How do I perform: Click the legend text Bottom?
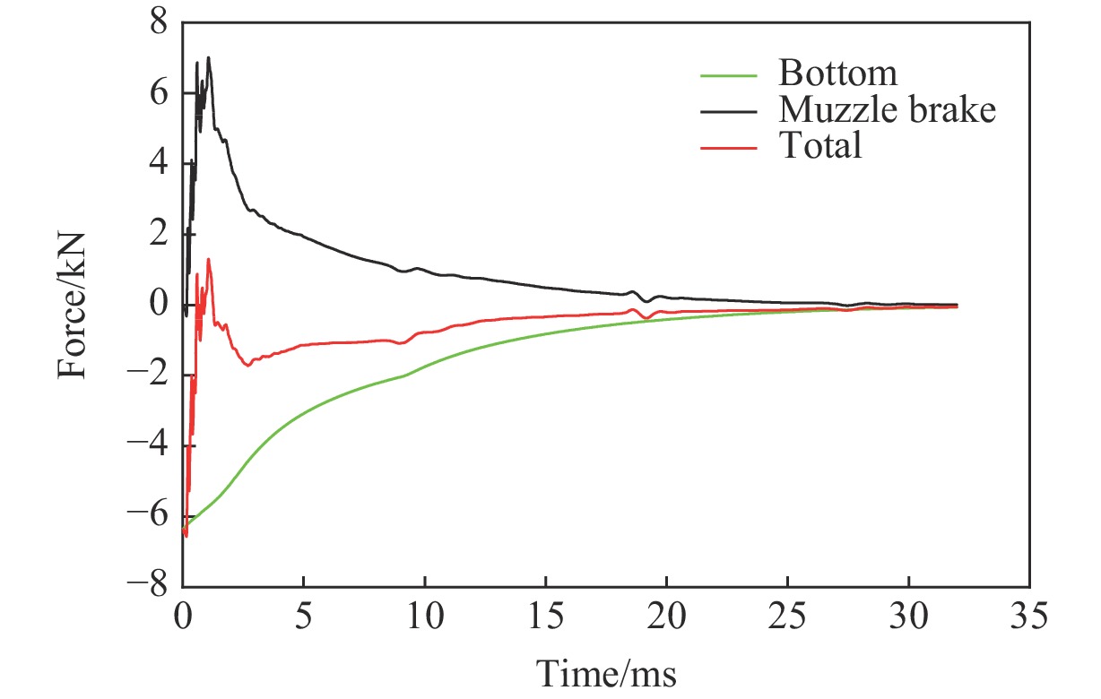coord(837,73)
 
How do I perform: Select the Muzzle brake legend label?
coord(887,109)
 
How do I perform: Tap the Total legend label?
coord(820,145)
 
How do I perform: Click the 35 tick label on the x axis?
coord(1029,617)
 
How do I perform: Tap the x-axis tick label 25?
coord(787,617)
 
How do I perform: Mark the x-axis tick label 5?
coord(304,617)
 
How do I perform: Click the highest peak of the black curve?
coord(209,58)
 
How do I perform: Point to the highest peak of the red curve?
coord(209,260)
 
